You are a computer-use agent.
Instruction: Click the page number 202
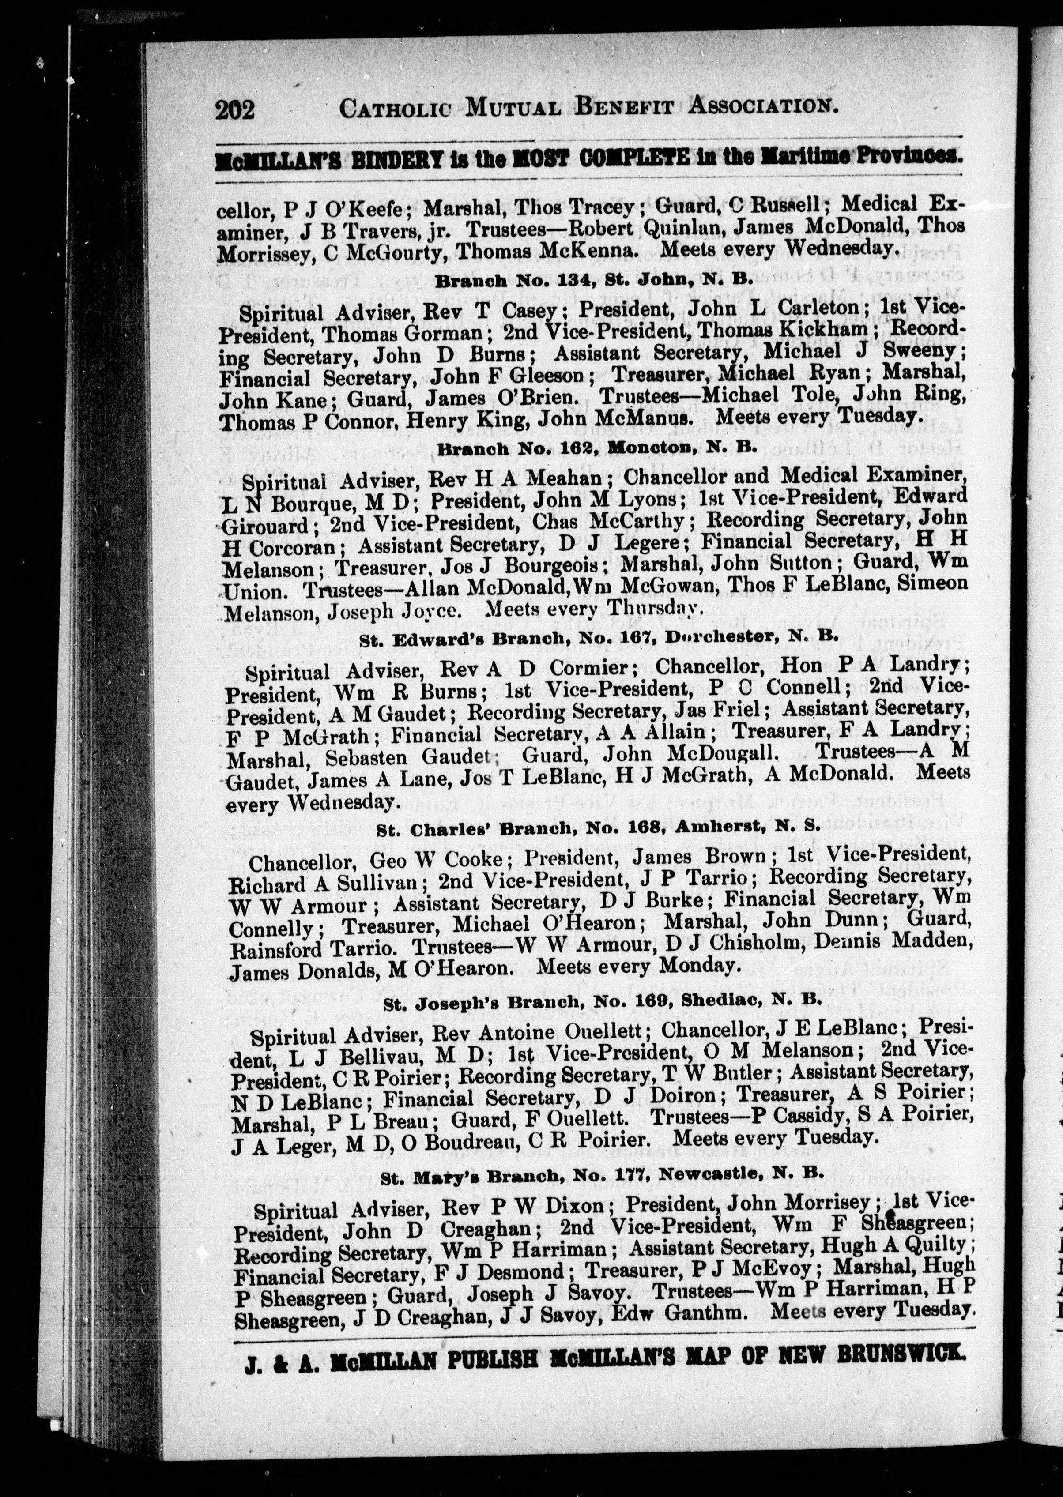tap(234, 109)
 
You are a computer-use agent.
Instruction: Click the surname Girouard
tap(265, 525)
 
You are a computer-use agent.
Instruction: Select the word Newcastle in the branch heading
tap(710, 1174)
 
